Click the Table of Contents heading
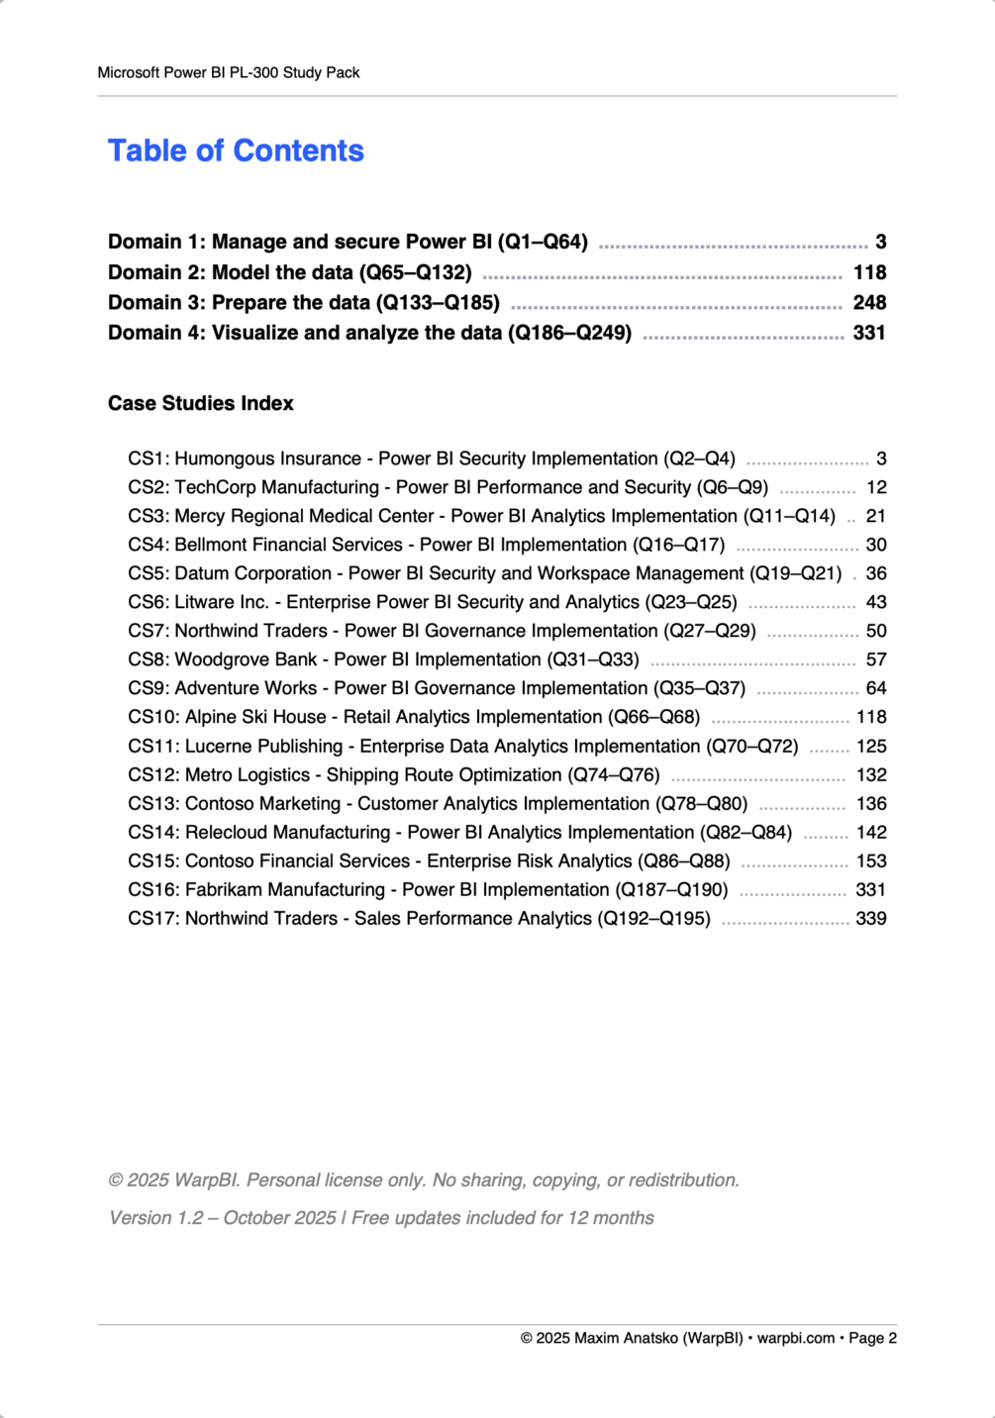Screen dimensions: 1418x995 click(236, 151)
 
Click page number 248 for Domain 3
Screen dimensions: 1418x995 click(869, 302)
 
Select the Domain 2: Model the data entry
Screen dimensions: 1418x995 click(289, 272)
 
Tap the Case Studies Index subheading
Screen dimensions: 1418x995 click(201, 403)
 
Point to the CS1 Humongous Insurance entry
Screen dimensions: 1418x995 click(431, 458)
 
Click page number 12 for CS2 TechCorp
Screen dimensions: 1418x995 click(876, 487)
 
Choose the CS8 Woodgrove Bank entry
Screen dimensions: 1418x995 click(383, 659)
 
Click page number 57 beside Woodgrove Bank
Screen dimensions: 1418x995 click(876, 659)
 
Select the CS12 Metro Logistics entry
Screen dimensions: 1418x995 click(393, 775)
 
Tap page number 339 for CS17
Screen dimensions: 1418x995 click(871, 919)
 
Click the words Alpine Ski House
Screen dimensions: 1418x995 click(255, 717)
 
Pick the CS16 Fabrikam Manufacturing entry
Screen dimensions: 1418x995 click(428, 890)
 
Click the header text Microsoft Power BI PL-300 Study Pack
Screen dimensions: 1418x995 click(229, 72)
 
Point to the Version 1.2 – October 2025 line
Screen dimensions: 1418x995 click(381, 1218)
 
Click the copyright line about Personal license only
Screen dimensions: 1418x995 click(424, 1180)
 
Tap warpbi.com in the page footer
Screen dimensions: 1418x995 click(796, 1338)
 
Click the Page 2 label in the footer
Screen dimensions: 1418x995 click(872, 1338)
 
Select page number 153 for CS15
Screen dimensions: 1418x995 click(871, 861)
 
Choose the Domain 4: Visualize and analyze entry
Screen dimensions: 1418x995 click(369, 333)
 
